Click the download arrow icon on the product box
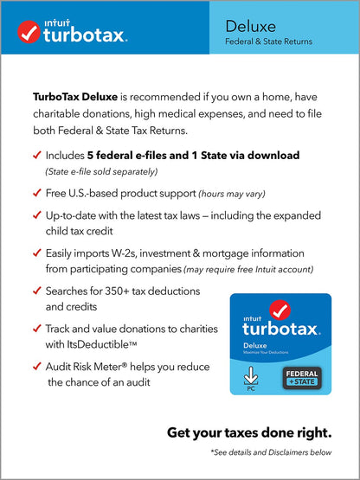click(x=250, y=375)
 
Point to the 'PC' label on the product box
click(x=250, y=388)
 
